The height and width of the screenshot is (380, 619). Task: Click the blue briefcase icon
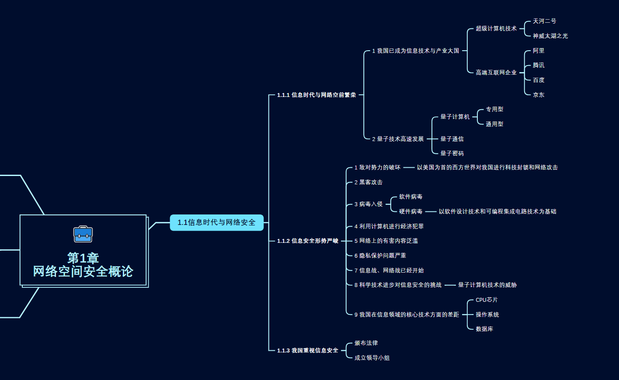[x=83, y=234]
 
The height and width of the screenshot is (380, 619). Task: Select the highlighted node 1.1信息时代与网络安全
[x=216, y=222]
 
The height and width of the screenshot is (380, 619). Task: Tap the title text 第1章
[x=83, y=258]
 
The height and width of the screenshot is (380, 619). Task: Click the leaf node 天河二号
[x=544, y=21]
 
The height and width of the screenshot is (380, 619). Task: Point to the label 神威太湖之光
[x=550, y=36]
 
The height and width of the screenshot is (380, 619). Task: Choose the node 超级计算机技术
[x=496, y=28]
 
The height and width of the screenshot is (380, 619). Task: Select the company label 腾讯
[x=539, y=65]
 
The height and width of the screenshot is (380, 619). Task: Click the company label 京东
[x=539, y=94]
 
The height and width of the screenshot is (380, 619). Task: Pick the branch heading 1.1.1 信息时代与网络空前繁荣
[x=316, y=95]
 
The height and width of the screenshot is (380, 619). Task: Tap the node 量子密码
[x=452, y=153]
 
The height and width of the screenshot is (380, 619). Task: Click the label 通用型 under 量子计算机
[x=494, y=124]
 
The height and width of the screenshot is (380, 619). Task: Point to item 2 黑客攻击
[x=368, y=182]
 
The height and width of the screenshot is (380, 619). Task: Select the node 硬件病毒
[x=410, y=211]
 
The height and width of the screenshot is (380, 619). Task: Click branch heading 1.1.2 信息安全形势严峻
[x=307, y=241]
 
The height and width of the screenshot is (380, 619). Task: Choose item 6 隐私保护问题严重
[x=380, y=256]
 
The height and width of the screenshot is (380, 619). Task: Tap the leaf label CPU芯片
[x=487, y=300]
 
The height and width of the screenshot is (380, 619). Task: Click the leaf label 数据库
[x=484, y=329]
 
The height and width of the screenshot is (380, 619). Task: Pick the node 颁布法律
[x=366, y=343]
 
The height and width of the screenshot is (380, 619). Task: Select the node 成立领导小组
[x=372, y=358]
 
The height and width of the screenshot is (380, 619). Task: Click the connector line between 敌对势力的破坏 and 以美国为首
[x=409, y=167]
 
